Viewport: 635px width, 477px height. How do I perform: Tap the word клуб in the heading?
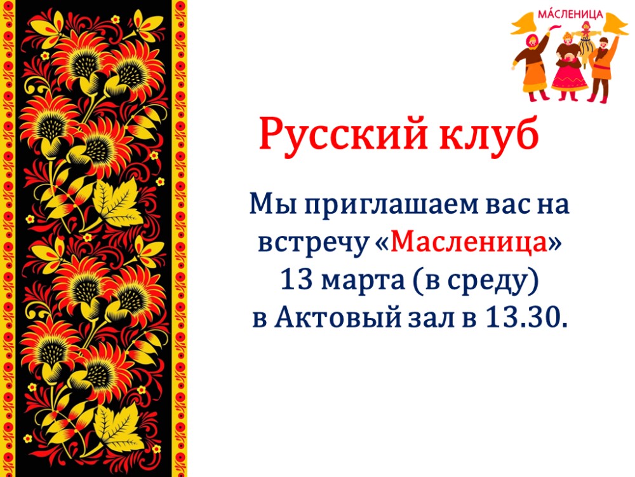(x=490, y=133)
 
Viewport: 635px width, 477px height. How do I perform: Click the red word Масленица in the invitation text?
(x=469, y=242)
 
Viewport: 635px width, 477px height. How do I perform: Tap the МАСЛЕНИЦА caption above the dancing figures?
(x=570, y=14)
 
